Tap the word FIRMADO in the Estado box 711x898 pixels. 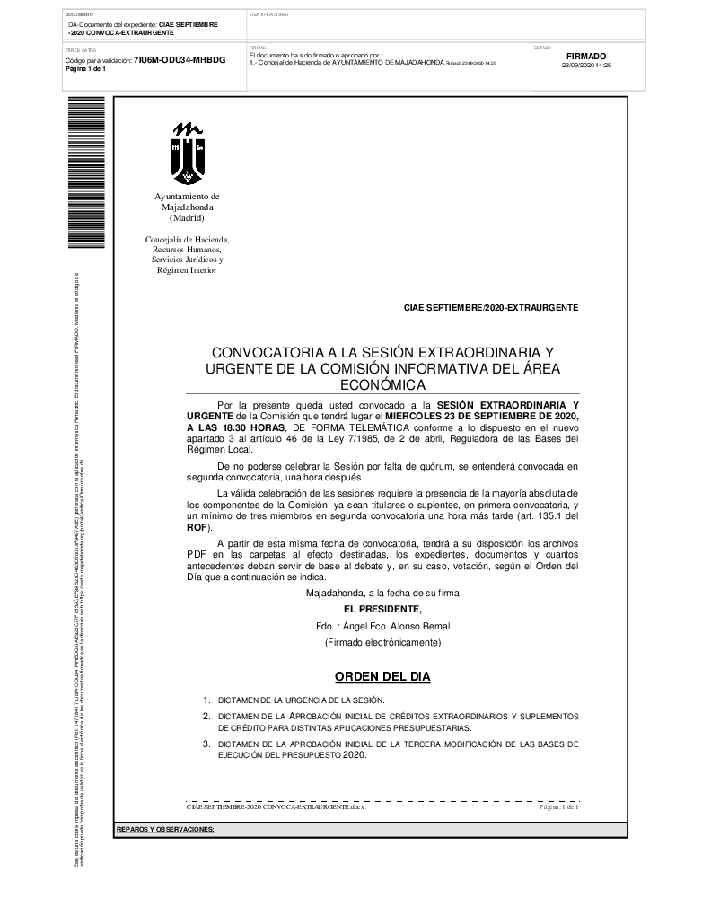pos(586,56)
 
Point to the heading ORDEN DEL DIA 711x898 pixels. pos(382,675)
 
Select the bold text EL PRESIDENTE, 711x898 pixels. pos(382,610)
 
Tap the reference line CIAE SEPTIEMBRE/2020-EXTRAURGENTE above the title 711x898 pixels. pos(491,308)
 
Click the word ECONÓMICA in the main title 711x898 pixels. pos(382,384)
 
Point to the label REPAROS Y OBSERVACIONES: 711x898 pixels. pos(165,829)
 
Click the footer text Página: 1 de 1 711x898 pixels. pos(558,808)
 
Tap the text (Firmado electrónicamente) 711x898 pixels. pos(382,643)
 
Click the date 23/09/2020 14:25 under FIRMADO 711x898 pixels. pos(585,66)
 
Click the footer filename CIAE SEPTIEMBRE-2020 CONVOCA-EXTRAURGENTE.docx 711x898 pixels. pos(275,808)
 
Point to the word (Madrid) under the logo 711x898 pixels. pos(187,218)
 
